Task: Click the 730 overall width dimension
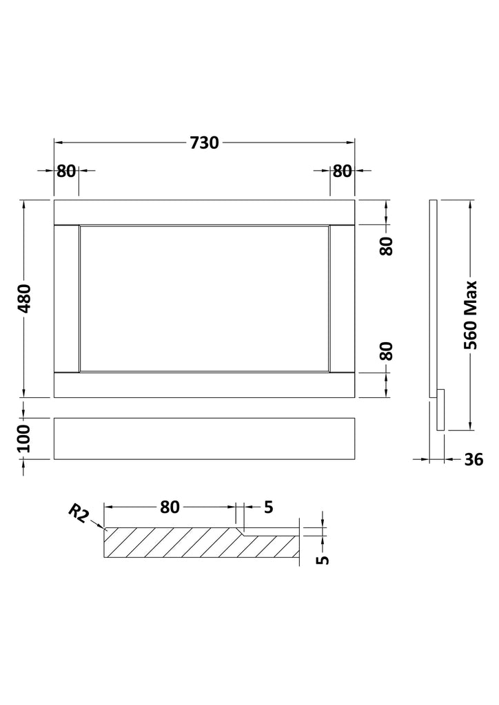pyautogui.click(x=204, y=143)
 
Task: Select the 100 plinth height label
pyautogui.click(x=23, y=439)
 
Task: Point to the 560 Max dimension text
pyautogui.click(x=470, y=315)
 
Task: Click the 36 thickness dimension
pyautogui.click(x=473, y=459)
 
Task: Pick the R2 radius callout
pyautogui.click(x=78, y=514)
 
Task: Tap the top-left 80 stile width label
pyautogui.click(x=66, y=171)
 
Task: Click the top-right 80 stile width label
pyautogui.click(x=342, y=171)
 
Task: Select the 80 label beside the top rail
pyautogui.click(x=386, y=246)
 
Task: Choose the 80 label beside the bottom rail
pyautogui.click(x=386, y=351)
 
